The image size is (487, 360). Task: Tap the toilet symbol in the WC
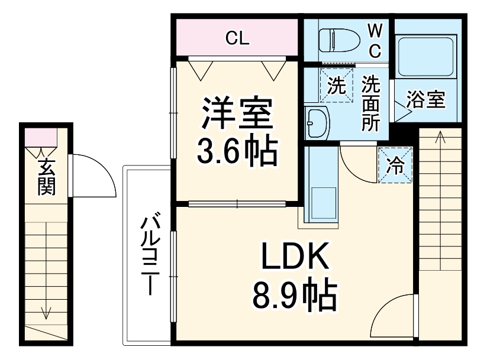[x=338, y=40]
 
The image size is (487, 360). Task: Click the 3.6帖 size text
[x=237, y=153]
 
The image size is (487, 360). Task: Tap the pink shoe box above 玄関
[x=41, y=137]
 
